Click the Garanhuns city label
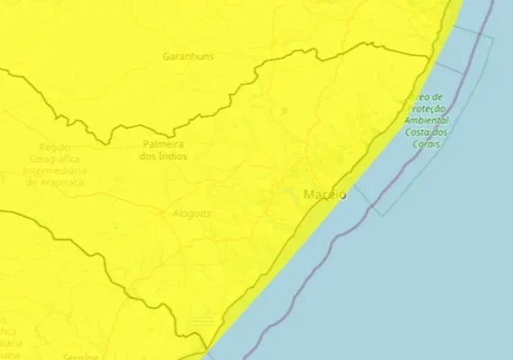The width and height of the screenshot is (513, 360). tap(187, 56)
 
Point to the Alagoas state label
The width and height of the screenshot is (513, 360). tap(191, 213)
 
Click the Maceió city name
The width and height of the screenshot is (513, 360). tap(325, 195)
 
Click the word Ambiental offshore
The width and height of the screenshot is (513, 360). tap(427, 120)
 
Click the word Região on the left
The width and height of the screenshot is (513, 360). tap(55, 146)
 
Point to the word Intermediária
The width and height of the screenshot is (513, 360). tap(55, 170)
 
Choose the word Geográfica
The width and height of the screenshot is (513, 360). tap(55, 157)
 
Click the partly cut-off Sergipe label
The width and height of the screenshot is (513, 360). tap(81, 355)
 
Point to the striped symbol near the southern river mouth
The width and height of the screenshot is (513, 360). tap(203, 319)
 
